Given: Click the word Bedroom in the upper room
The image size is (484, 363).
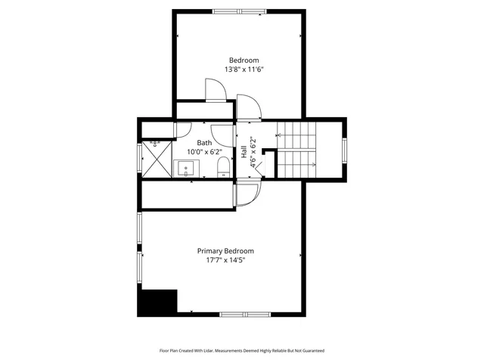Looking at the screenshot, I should pyautogui.click(x=244, y=60).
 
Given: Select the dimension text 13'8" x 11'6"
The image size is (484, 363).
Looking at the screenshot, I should pyautogui.click(x=244, y=70).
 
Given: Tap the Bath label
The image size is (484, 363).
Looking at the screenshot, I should pyautogui.click(x=204, y=142).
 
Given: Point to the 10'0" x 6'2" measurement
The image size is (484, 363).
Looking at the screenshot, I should pyautogui.click(x=204, y=151).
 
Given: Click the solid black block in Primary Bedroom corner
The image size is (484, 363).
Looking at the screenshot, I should pyautogui.click(x=157, y=302).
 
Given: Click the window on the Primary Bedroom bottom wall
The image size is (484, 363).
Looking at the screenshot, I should pyautogui.click(x=245, y=314).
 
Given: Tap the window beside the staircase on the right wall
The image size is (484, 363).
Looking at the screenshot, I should pyautogui.click(x=345, y=150).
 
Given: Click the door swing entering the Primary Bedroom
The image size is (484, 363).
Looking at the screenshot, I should pyautogui.click(x=246, y=194).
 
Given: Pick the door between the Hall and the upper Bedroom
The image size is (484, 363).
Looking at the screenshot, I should pyautogui.click(x=248, y=108).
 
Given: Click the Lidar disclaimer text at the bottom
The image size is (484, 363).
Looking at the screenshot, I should pyautogui.click(x=241, y=351).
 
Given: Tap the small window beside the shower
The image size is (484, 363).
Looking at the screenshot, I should pyautogui.click(x=138, y=158).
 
